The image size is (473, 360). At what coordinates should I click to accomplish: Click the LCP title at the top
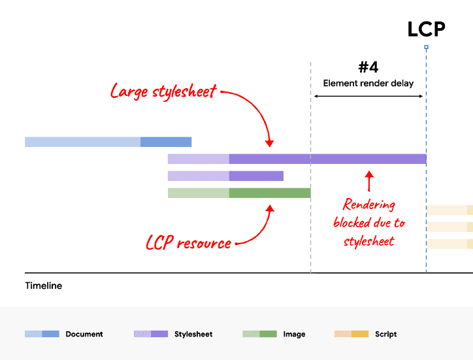point(426,29)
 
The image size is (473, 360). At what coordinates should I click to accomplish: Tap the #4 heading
point(368,67)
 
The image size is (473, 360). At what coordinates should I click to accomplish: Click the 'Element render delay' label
point(368,83)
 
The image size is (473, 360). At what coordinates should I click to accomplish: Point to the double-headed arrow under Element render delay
point(368,96)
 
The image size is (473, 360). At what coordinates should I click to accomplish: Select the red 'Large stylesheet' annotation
point(163,91)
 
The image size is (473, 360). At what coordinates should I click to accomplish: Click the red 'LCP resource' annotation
point(188,243)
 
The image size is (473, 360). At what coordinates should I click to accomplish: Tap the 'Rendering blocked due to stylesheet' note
point(369,222)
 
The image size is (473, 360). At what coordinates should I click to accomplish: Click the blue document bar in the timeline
point(108,142)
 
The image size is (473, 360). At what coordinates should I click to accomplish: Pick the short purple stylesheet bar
point(225,176)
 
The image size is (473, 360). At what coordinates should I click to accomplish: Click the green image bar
point(238,193)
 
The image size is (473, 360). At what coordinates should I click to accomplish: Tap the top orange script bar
point(449,210)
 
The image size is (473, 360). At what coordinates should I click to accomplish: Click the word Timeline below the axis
point(44,286)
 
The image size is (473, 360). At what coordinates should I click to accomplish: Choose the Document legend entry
point(84,334)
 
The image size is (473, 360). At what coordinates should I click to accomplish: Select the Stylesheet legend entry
point(193,334)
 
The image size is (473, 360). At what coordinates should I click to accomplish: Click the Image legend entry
point(294,334)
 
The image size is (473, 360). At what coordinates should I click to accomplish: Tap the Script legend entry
point(385,334)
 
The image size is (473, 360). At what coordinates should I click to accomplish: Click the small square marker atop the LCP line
point(426,47)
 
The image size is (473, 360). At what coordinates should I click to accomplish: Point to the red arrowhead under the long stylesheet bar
point(369,175)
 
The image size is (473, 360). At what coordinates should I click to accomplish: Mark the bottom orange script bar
point(449,244)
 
